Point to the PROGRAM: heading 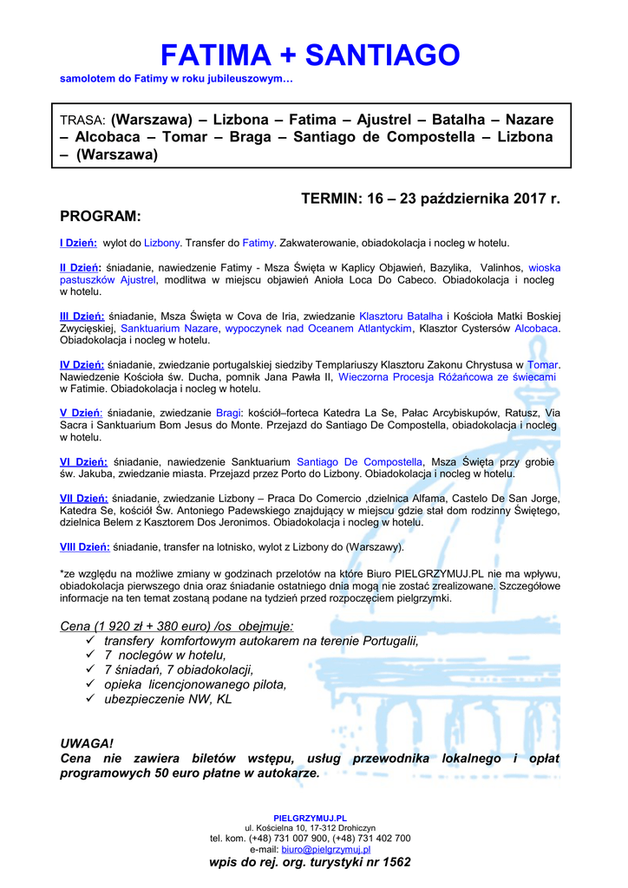click(x=100, y=215)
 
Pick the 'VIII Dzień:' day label click(x=85, y=547)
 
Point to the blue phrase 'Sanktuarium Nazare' click(x=169, y=330)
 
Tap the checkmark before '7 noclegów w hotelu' click(x=92, y=655)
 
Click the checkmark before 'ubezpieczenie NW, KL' click(x=92, y=698)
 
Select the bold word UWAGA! click(x=86, y=744)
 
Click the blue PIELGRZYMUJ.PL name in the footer click(x=310, y=817)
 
